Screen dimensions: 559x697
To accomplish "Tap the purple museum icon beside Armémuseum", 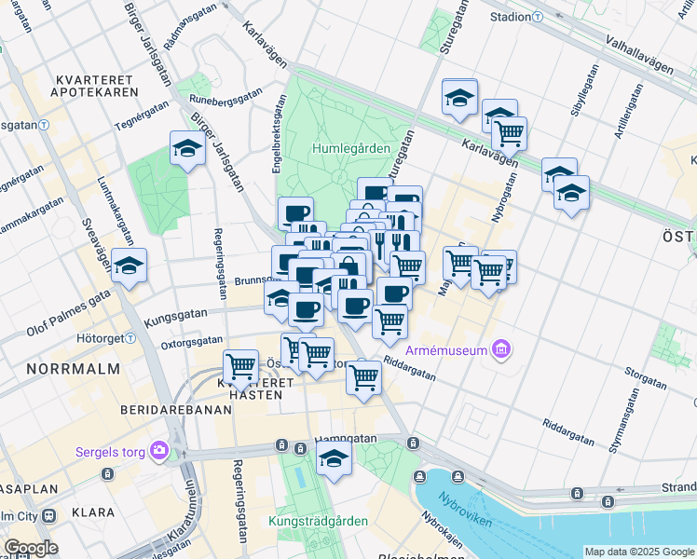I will tap(503, 350).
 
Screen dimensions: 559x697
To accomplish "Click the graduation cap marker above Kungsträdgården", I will tap(334, 457).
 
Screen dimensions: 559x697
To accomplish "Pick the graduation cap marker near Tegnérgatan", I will tap(187, 147).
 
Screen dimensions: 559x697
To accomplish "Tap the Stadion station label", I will tap(510, 17).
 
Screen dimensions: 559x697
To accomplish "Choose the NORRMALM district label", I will tap(74, 369).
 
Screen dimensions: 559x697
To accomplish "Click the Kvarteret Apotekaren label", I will tap(97, 84).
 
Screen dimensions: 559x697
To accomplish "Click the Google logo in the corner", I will tap(31, 548).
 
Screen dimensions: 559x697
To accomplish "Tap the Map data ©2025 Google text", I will tap(639, 552).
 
